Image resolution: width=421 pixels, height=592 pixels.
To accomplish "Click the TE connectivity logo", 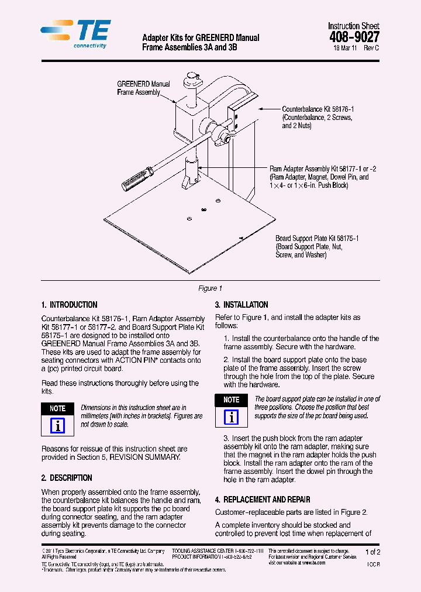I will tap(74, 34).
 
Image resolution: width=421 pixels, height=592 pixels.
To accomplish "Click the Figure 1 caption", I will tap(210, 288).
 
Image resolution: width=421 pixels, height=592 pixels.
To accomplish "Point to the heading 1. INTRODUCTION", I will tap(69, 305).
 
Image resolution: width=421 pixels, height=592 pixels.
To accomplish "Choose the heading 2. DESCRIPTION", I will tap(67, 478).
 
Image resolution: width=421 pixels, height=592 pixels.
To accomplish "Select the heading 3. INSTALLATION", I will tap(241, 305).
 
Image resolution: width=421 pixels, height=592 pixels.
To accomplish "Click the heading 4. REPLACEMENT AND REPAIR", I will tap(263, 500).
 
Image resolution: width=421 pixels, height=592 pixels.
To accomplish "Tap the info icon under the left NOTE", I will tap(57, 426).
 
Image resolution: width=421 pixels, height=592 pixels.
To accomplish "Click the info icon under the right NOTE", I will tap(232, 417).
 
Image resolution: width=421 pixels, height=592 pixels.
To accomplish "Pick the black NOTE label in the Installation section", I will tap(232, 400).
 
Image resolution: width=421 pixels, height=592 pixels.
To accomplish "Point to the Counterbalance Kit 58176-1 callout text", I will tap(318, 117).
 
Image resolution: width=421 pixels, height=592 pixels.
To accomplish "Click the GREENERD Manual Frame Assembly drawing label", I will tap(143, 88).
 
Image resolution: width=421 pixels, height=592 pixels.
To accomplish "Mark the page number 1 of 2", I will tap(372, 552).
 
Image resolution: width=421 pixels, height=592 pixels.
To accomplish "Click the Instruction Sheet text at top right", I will tap(353, 26).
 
